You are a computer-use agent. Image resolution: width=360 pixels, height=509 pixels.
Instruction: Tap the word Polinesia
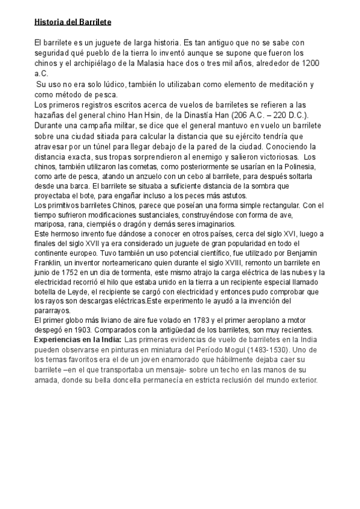[x=302, y=166]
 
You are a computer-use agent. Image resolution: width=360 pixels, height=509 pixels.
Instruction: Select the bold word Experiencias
[x=60, y=340]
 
